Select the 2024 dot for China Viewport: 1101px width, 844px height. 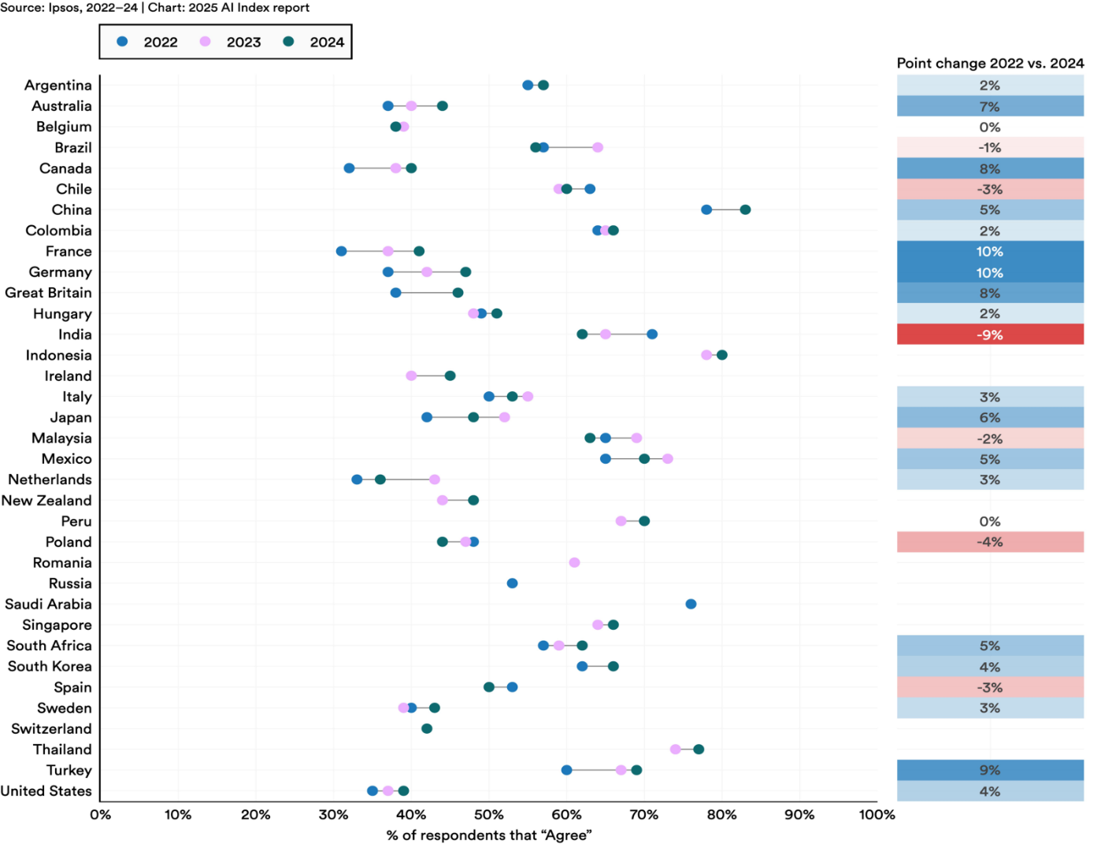745,209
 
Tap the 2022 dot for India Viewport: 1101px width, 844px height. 652,334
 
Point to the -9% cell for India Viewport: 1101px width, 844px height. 990,335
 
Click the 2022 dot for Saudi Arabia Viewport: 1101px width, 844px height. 691,604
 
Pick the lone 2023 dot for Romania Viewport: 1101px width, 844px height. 574,562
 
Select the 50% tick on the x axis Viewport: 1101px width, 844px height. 488,815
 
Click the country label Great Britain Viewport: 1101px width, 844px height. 48,293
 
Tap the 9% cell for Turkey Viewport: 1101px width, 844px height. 990,770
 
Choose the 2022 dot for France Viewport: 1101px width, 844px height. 341,251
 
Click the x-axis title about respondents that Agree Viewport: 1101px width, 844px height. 488,835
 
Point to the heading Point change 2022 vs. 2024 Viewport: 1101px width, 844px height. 990,63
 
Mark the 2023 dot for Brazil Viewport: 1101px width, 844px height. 598,147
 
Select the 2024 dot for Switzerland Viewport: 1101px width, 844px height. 427,728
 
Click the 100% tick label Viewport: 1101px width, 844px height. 877,815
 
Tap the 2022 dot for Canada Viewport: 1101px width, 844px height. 349,168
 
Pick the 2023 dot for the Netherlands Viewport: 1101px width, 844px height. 435,479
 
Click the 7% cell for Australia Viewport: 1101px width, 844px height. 990,106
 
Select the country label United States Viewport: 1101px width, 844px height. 46,791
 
